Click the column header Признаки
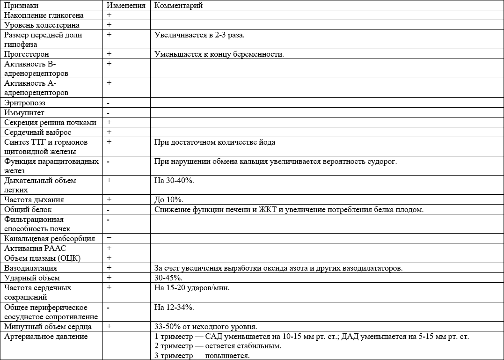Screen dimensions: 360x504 click(x=22, y=6)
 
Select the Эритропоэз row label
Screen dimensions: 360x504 click(x=25, y=103)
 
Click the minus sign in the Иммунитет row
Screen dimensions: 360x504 click(x=108, y=113)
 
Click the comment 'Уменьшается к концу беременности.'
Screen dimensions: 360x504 click(x=219, y=54)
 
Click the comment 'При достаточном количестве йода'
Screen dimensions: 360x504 click(x=218, y=142)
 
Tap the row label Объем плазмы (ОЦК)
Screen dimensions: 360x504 click(x=43, y=258)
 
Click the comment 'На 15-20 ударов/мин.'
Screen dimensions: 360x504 click(x=192, y=287)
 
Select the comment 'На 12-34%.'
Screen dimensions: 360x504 click(x=174, y=307)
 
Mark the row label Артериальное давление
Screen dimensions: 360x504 click(x=45, y=336)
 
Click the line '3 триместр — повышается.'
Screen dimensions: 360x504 click(x=202, y=356)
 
